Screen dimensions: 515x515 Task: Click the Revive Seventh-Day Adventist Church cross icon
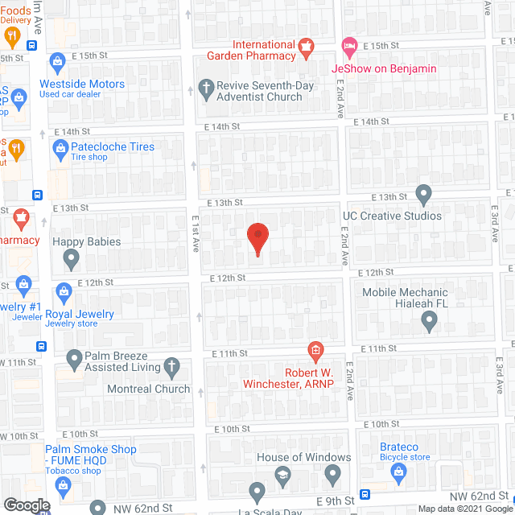pyautogui.click(x=207, y=89)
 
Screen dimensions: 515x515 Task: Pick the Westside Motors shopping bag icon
pyautogui.click(x=57, y=61)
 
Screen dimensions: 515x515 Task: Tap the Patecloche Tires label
pyautogui.click(x=113, y=147)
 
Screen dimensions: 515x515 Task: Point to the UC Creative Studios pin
pyautogui.click(x=424, y=194)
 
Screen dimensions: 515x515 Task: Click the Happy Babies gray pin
pyautogui.click(x=72, y=259)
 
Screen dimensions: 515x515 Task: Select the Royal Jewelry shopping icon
pyautogui.click(x=64, y=291)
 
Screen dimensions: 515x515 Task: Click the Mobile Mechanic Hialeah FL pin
pyautogui.click(x=429, y=322)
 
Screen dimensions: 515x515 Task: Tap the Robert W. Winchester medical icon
pyautogui.click(x=316, y=350)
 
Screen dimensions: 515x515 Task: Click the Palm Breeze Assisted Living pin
pyautogui.click(x=73, y=357)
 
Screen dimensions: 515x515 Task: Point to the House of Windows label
pyautogui.click(x=303, y=457)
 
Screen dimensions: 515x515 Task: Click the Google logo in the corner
pyautogui.click(x=26, y=505)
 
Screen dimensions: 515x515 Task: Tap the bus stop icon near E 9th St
pyautogui.click(x=365, y=495)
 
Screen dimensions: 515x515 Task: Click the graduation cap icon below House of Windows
pyautogui.click(x=282, y=476)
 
